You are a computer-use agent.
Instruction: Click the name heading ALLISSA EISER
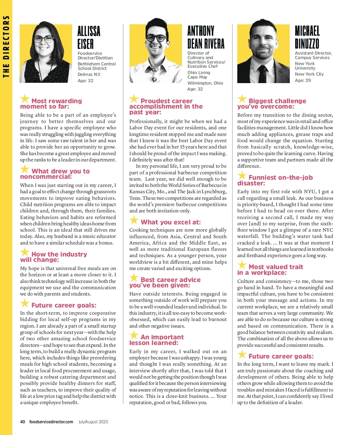point(89,37)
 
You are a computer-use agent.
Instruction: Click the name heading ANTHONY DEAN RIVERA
point(206,37)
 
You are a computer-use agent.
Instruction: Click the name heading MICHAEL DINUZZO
point(307,37)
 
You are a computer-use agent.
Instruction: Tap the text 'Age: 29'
point(303,80)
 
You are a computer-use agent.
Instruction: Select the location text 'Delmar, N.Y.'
point(89,74)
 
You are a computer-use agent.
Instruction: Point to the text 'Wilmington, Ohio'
point(205,83)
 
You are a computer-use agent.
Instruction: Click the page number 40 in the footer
point(22,422)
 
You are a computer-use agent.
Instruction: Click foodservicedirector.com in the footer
point(51,422)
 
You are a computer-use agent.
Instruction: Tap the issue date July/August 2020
point(93,422)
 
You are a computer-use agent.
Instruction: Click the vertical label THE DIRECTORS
point(6,46)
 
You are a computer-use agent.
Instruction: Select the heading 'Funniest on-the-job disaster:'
point(275,180)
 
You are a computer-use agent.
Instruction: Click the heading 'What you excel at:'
point(171,222)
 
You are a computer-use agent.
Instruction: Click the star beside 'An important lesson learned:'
point(134,335)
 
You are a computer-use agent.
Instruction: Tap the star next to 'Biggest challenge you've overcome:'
point(242,99)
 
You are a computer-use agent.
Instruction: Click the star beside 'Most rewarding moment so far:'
point(25,99)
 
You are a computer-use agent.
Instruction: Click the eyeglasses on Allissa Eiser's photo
point(43,40)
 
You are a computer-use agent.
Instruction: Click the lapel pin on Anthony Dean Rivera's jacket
point(154,79)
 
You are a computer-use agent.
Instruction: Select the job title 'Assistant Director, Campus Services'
point(313,55)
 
